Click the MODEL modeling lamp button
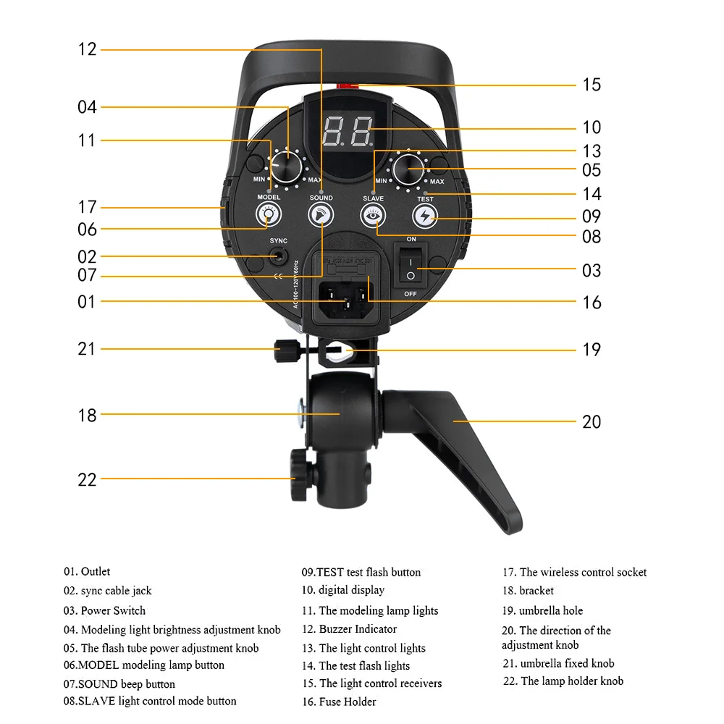pyautogui.click(x=269, y=214)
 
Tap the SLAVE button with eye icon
pyautogui.click(x=373, y=214)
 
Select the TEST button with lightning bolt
pyautogui.click(x=425, y=215)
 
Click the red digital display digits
pyautogui.click(x=348, y=131)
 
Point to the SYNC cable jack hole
pyautogui.click(x=278, y=256)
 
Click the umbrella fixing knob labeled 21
pyautogui.click(x=283, y=349)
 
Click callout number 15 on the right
pyautogui.click(x=592, y=85)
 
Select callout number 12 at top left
pyautogui.click(x=87, y=49)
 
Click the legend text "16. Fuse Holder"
pyautogui.click(x=339, y=701)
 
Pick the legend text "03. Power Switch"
pyautogui.click(x=104, y=610)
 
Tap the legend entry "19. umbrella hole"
pyautogui.click(x=542, y=610)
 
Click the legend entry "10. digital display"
pyautogui.click(x=343, y=590)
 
